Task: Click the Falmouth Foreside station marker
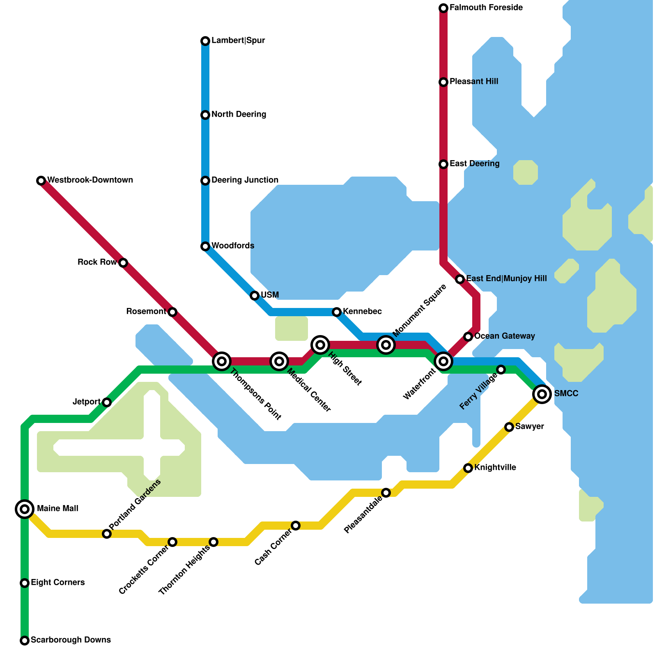(x=443, y=8)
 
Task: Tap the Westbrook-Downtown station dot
(x=41, y=181)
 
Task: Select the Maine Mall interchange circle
(x=25, y=509)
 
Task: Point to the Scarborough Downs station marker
(x=25, y=641)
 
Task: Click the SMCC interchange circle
(x=542, y=394)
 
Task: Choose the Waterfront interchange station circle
(x=443, y=361)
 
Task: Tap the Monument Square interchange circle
(x=386, y=345)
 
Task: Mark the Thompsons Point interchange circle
(x=222, y=361)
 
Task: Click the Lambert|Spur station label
(x=238, y=41)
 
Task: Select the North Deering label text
(x=239, y=115)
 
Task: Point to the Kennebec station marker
(x=337, y=312)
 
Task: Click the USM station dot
(x=255, y=296)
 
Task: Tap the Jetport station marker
(x=107, y=402)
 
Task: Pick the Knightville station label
(x=495, y=468)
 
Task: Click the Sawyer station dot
(x=509, y=427)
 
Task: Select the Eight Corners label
(x=58, y=583)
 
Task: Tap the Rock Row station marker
(x=123, y=263)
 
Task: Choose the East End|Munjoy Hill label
(x=506, y=279)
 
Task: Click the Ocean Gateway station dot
(x=468, y=337)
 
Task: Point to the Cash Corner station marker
(x=296, y=526)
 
